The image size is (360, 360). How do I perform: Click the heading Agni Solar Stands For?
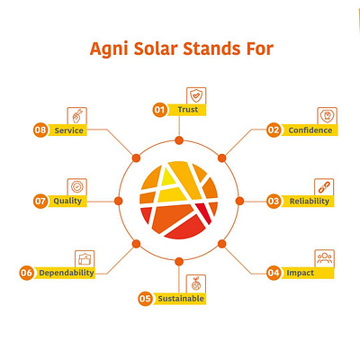[180, 46]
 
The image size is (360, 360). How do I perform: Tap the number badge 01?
[160, 110]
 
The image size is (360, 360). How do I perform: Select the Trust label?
[187, 110]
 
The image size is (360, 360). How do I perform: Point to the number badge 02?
[274, 130]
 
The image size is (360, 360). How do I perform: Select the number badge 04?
[274, 271]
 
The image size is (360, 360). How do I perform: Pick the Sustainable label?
[180, 298]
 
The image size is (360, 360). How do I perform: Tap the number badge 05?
[145, 298]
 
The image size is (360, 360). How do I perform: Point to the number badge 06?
[27, 272]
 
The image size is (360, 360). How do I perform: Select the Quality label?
[68, 201]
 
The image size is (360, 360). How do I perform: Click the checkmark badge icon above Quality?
[77, 185]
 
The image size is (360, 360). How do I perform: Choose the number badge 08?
[40, 130]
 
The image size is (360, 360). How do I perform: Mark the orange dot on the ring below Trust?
[179, 141]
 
